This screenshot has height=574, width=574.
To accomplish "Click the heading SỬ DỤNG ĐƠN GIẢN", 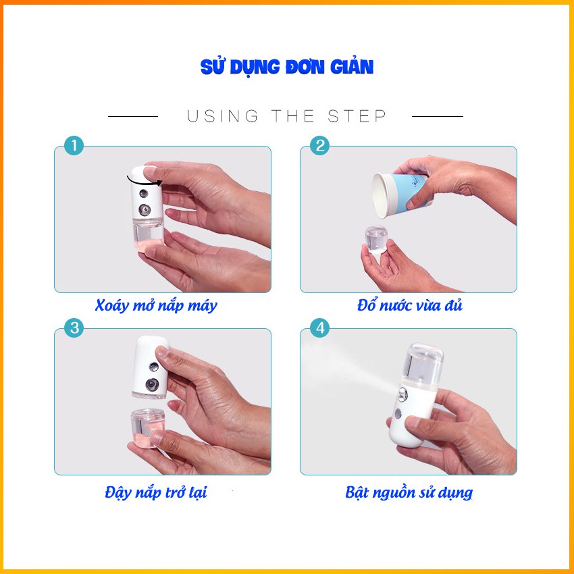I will tap(287, 68).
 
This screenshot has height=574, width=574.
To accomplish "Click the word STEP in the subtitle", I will tap(358, 116).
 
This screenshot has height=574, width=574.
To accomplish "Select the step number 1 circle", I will tap(73, 146).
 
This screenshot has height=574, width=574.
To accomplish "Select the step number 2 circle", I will tap(319, 146).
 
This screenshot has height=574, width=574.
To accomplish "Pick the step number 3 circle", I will tap(73, 329).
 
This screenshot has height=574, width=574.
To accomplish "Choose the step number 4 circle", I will tap(319, 329).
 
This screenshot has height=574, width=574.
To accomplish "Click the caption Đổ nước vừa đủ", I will tap(410, 306).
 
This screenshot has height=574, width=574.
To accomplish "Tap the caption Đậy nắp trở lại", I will tap(156, 492).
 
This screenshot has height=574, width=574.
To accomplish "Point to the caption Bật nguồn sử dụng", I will tap(409, 492).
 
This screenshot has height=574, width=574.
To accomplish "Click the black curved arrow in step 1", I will tap(144, 180).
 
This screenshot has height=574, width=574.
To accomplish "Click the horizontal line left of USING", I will tap(133, 117).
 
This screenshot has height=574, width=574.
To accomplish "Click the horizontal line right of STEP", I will tap(437, 117).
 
